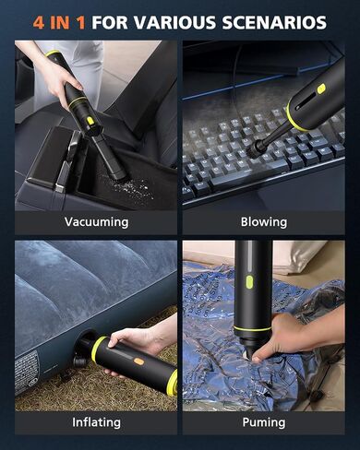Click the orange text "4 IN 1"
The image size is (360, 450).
(59, 22)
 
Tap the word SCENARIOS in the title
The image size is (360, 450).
(274, 22)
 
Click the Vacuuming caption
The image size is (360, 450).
(96, 222)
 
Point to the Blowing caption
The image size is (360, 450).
(264, 222)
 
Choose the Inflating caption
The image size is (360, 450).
(96, 422)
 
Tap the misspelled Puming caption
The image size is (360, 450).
(264, 422)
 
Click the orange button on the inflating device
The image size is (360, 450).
(139, 361)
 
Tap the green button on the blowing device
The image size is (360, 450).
(321, 89)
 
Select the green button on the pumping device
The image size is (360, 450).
(249, 282)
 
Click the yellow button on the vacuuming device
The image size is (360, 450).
(90, 121)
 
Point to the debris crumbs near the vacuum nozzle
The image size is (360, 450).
(131, 188)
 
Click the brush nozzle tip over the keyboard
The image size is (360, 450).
(254, 151)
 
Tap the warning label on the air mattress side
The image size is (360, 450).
(26, 369)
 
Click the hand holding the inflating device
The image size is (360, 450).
(136, 341)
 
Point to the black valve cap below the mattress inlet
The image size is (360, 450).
(80, 360)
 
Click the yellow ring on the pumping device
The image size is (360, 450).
(252, 328)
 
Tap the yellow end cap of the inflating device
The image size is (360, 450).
(172, 383)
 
